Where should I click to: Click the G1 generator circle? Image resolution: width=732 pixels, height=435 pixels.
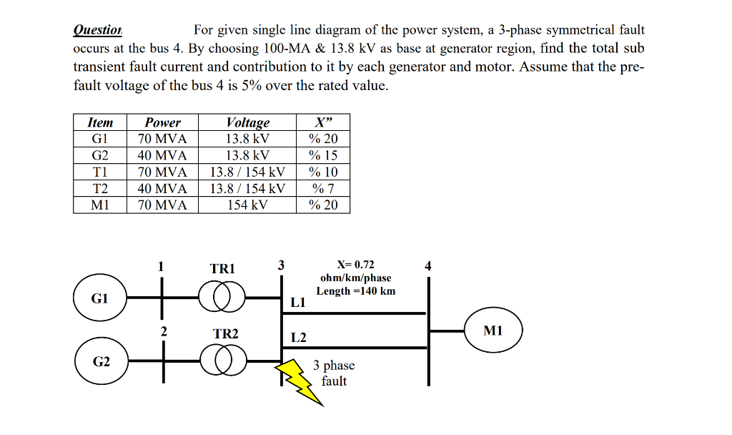click(x=99, y=299)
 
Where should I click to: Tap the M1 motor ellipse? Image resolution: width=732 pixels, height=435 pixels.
click(x=493, y=331)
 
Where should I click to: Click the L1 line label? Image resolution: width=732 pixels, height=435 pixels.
click(x=298, y=303)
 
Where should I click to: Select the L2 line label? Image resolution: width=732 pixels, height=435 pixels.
click(x=299, y=338)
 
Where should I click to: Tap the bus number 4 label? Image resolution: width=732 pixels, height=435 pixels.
click(x=428, y=266)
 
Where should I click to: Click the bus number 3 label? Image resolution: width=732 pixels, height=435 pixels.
click(x=281, y=265)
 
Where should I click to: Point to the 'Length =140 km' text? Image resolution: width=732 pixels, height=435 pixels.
click(x=356, y=290)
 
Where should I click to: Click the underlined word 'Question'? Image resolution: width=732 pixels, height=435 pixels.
click(x=98, y=30)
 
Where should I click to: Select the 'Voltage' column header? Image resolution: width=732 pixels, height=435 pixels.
click(x=247, y=122)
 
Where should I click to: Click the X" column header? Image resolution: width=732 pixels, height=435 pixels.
click(x=323, y=122)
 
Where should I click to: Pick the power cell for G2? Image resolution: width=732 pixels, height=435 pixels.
click(x=163, y=155)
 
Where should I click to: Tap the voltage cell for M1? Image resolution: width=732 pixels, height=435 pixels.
click(x=247, y=205)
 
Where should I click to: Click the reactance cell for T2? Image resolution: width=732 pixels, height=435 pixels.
click(x=323, y=189)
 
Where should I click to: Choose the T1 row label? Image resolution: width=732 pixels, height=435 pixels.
click(x=99, y=172)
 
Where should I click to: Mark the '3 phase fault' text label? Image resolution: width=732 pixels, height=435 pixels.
click(x=334, y=373)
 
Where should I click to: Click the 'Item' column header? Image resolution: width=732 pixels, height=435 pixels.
click(x=99, y=122)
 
